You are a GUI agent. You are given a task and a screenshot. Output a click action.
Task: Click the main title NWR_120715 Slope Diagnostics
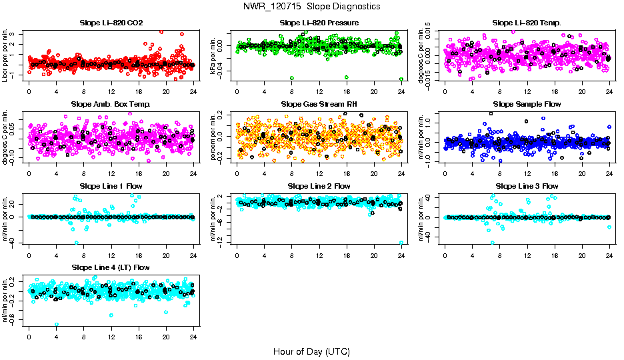coord(312,6)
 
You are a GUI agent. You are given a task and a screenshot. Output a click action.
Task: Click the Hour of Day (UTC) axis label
coord(311,351)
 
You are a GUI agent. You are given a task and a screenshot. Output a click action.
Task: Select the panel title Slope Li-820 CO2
coord(110,23)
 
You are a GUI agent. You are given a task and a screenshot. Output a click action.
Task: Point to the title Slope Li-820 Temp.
coord(527,23)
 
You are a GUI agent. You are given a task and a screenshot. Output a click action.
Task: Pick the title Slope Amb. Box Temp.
coord(110,104)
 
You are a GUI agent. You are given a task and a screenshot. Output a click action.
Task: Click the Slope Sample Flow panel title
coord(527,104)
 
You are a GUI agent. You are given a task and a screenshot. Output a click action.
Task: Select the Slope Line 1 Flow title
coord(110,185)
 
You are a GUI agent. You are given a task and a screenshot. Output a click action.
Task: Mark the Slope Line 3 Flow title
coord(527,185)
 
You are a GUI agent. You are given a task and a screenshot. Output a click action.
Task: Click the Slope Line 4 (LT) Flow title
coord(110,267)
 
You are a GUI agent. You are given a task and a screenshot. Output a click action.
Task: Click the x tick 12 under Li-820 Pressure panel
coord(319,92)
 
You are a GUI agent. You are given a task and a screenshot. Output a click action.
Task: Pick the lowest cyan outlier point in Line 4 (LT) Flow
coord(56,324)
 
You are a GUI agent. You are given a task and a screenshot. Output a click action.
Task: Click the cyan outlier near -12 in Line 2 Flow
coord(401,243)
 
